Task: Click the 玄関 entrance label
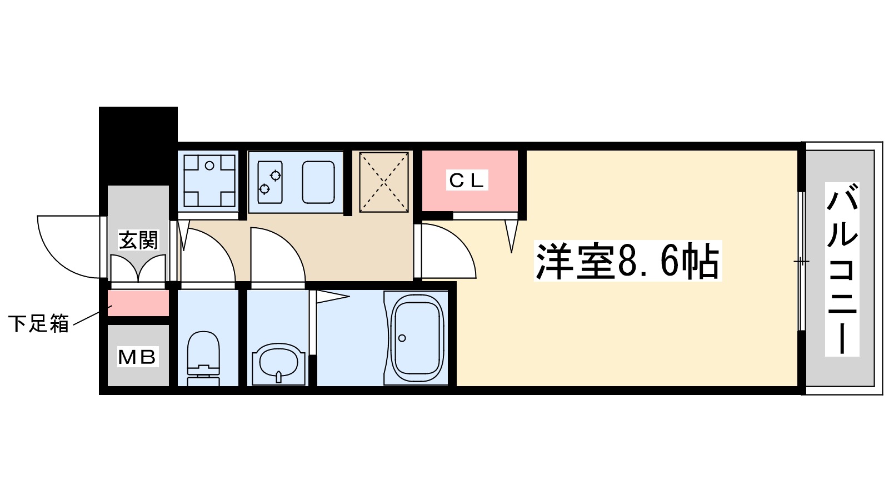tap(138, 240)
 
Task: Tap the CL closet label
tap(467, 180)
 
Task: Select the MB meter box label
tap(138, 357)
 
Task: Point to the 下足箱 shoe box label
tap(38, 323)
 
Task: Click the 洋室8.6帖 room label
tap(627, 261)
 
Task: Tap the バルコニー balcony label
tap(842, 269)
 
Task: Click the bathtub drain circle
tap(402, 338)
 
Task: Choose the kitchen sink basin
tap(318, 182)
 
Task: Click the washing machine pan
tap(209, 181)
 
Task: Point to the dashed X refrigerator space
tap(384, 182)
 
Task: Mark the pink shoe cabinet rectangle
tap(138, 303)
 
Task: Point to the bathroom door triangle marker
tap(332, 297)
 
